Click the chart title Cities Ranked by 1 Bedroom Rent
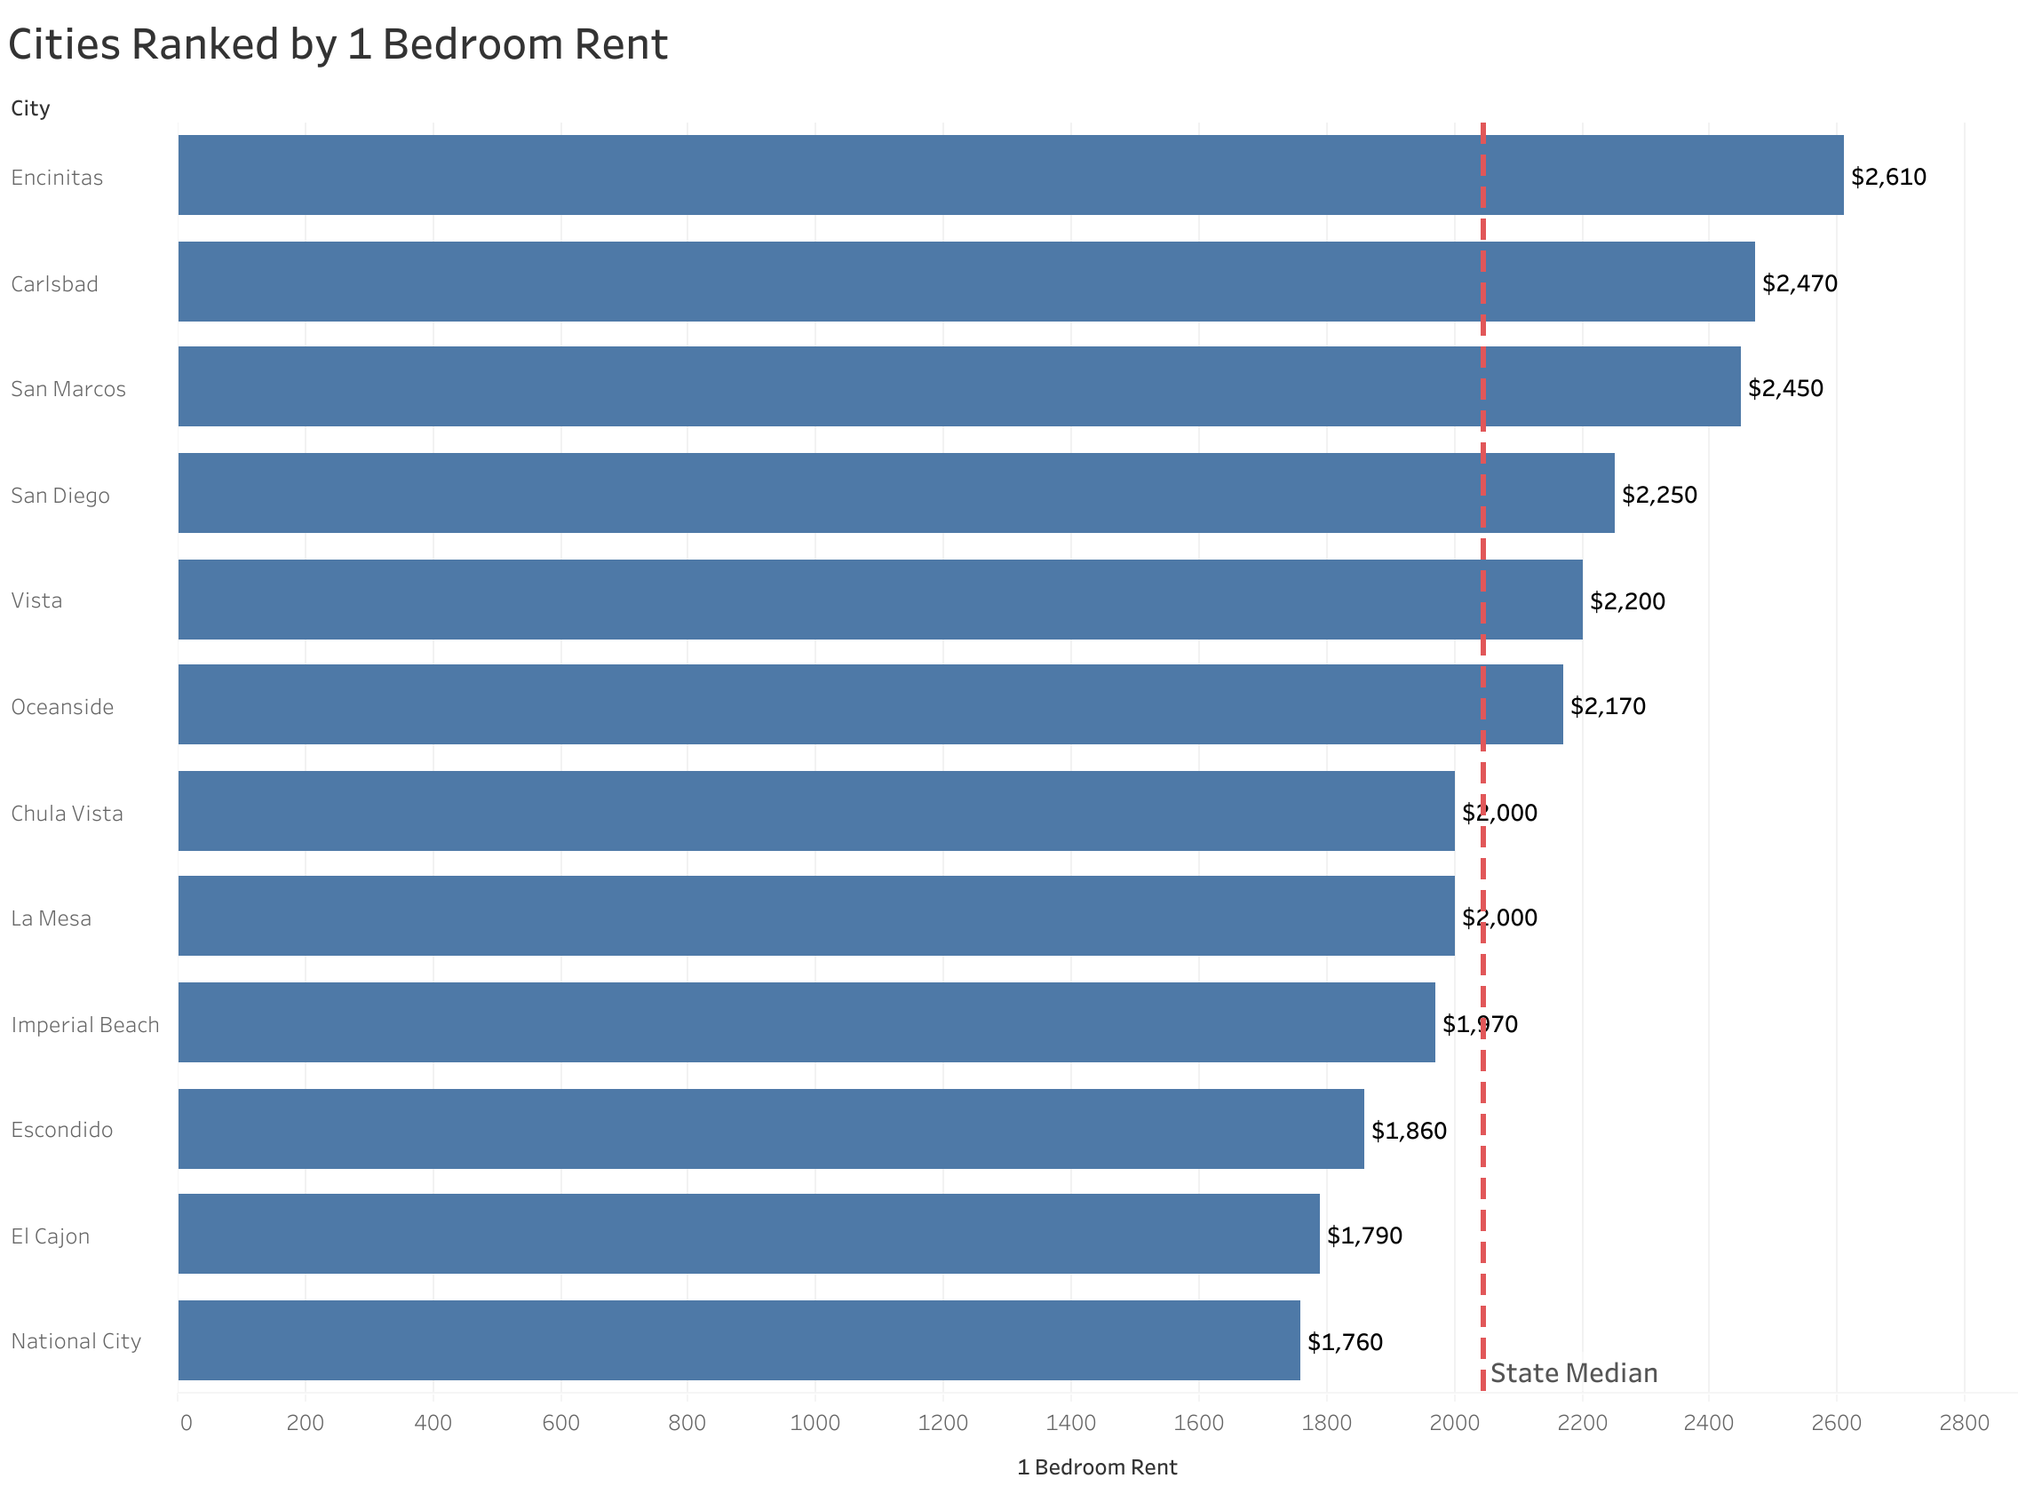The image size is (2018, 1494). pos(338,44)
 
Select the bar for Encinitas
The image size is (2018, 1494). pos(1010,176)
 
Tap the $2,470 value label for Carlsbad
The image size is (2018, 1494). pos(1800,283)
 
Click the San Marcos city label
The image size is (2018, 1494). pos(68,389)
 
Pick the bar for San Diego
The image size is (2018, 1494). pos(895,493)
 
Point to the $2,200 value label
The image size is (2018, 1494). pos(1626,601)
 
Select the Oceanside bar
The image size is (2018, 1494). pos(870,704)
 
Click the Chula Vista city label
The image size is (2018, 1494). pos(67,813)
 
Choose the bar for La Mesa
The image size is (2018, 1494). pos(815,916)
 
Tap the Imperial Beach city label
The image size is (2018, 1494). pos(85,1025)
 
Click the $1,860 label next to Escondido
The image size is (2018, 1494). pos(1409,1131)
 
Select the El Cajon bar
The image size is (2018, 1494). pos(748,1235)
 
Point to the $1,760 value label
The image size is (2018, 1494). pos(1345,1342)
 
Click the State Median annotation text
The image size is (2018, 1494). pos(1573,1374)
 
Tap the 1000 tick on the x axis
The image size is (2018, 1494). pos(814,1424)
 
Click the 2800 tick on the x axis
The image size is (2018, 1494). pos(1964,1424)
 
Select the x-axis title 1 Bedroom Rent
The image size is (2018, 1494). pos(1097,1467)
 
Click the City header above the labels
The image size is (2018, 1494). pos(30,108)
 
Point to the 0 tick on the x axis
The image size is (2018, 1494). pos(186,1424)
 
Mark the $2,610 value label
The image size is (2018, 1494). pos(1887,177)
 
